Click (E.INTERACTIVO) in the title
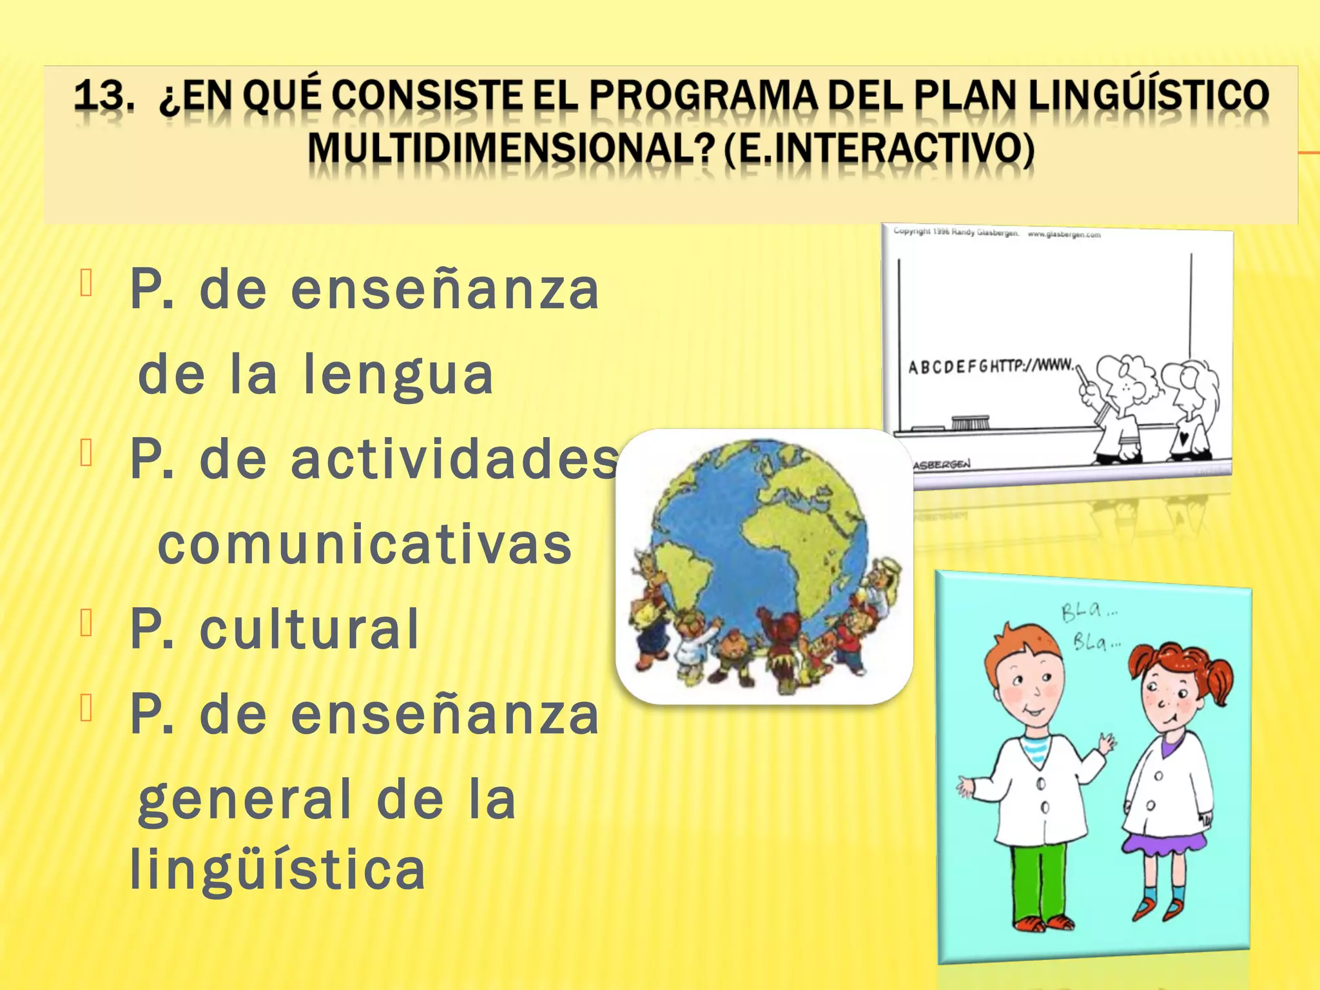879,150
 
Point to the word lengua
398,376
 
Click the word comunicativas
365,545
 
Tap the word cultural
309,629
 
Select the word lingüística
277,869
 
